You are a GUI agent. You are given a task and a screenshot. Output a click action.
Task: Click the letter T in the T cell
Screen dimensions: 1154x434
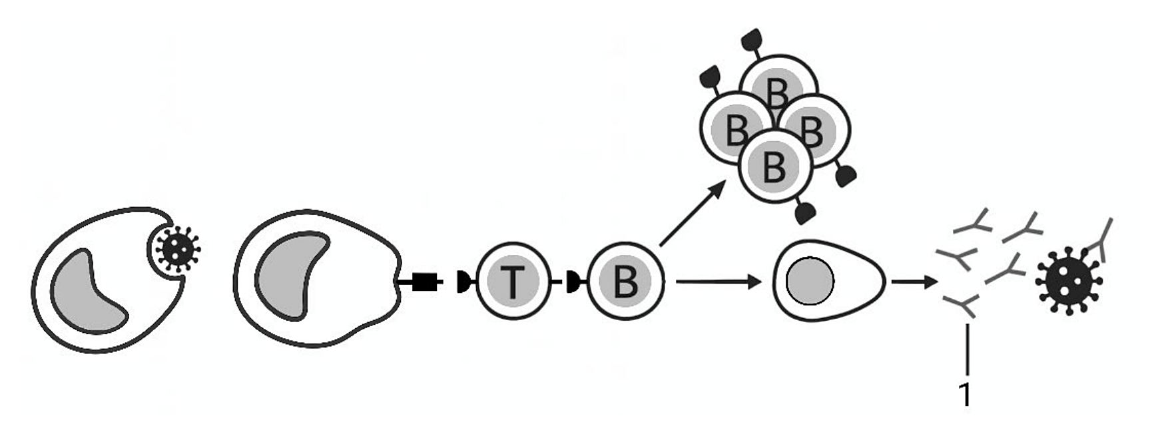513,282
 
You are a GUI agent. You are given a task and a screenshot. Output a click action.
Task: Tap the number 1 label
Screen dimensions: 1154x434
965,395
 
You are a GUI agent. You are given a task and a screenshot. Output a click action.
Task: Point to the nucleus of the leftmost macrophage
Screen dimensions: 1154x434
87,291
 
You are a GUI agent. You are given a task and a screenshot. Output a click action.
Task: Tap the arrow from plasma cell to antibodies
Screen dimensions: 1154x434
914,282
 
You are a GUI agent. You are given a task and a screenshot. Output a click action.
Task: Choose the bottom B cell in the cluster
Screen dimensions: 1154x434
774,166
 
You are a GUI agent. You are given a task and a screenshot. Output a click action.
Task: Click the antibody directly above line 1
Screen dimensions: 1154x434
960,307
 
